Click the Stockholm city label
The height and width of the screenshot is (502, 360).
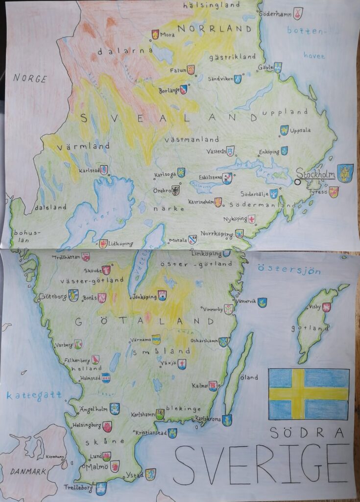(315, 174)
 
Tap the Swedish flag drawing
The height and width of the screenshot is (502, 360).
(309, 394)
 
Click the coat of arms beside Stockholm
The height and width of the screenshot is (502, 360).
(345, 173)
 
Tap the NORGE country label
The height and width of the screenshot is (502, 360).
(30, 78)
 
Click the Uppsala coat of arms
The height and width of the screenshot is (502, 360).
(284, 130)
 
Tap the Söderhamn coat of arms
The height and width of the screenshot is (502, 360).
(298, 13)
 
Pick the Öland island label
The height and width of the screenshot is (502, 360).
(250, 377)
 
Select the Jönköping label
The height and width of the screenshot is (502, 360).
(144, 297)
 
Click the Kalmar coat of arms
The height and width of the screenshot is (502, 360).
(213, 386)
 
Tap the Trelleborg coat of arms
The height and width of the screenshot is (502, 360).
(101, 488)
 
